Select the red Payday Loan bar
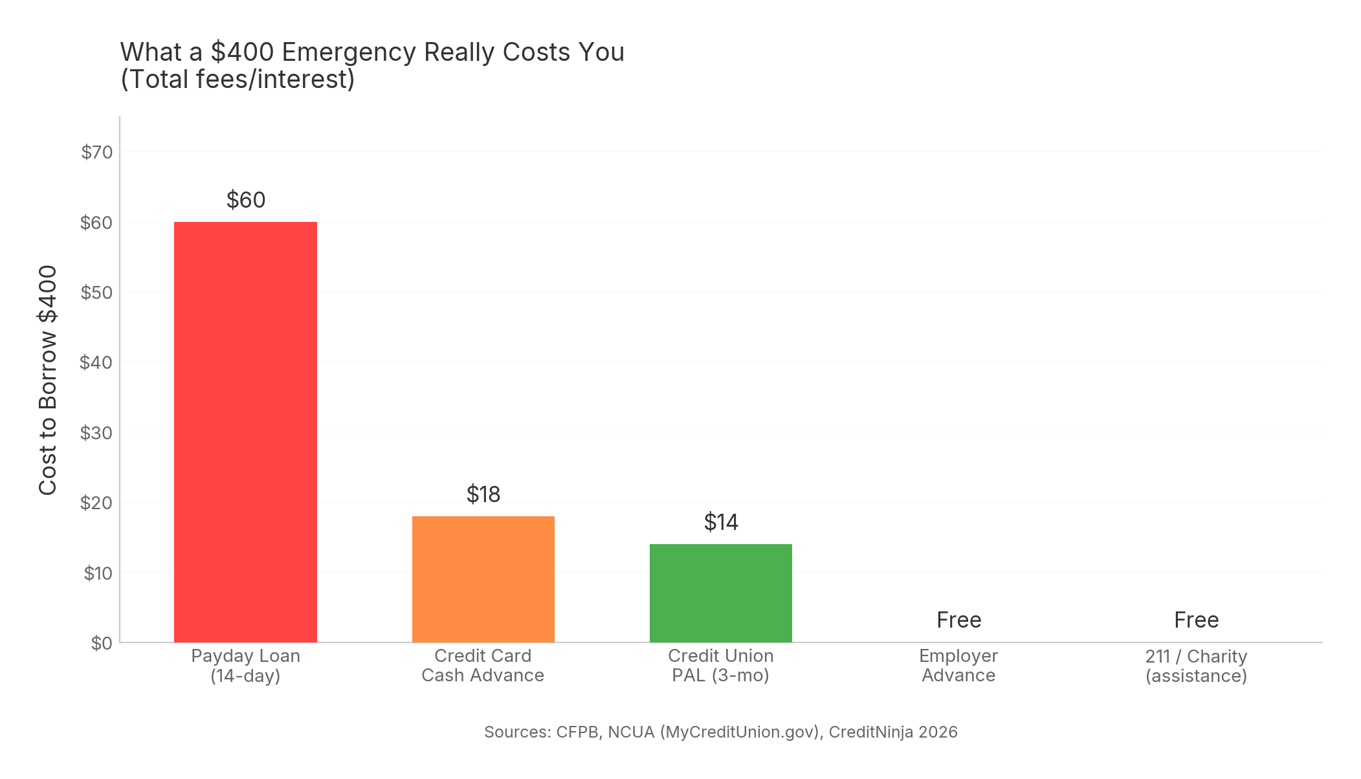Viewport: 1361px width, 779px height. pos(245,432)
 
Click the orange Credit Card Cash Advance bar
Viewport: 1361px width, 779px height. pos(483,579)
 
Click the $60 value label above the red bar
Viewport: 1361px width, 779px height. pos(246,200)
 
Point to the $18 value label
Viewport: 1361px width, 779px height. pos(483,494)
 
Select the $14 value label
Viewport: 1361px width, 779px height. pos(720,522)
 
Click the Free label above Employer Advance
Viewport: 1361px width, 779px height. pos(958,620)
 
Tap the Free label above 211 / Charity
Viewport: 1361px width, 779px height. pos(1196,620)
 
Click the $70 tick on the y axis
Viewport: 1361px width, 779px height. pos(97,152)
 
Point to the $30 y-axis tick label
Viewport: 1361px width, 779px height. pos(96,433)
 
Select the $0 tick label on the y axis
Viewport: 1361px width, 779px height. pos(102,643)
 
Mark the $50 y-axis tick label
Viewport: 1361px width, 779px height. pos(96,292)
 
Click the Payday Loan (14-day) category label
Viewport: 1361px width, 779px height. pos(245,666)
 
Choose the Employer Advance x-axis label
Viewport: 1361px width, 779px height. pos(958,666)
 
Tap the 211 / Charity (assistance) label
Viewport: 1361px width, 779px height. pos(1196,666)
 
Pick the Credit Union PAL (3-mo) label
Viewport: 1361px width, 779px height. pos(720,666)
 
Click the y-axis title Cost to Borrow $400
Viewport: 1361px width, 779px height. pos(48,380)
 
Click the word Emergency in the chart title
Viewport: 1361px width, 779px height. pos(349,52)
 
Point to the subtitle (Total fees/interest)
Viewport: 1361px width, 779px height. pos(238,80)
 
